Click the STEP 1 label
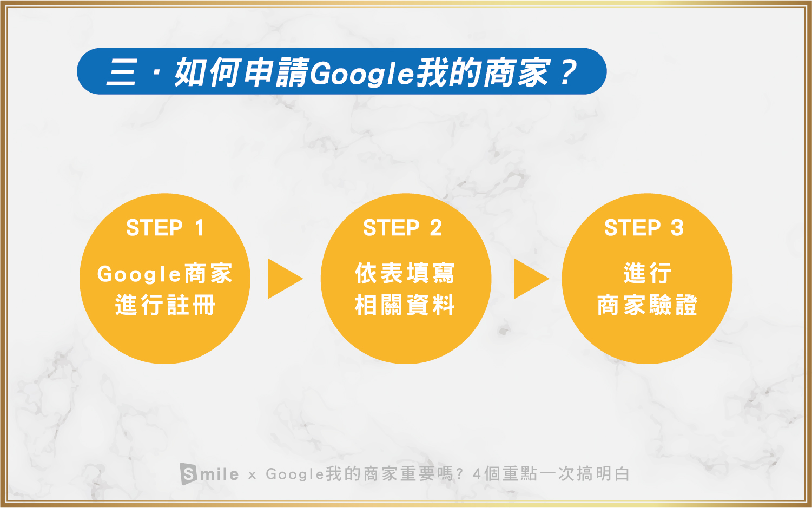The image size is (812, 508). [x=165, y=228]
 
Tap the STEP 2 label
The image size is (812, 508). [x=402, y=228]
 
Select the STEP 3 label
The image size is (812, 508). [x=644, y=228]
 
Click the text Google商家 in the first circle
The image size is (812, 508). [x=165, y=273]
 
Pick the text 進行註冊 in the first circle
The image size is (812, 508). [x=166, y=305]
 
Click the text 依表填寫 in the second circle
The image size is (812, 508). [x=405, y=273]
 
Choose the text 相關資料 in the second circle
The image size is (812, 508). [x=405, y=305]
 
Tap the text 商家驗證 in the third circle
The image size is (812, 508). [x=647, y=305]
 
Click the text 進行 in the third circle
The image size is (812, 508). [x=648, y=273]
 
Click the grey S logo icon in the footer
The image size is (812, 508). [x=188, y=473]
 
